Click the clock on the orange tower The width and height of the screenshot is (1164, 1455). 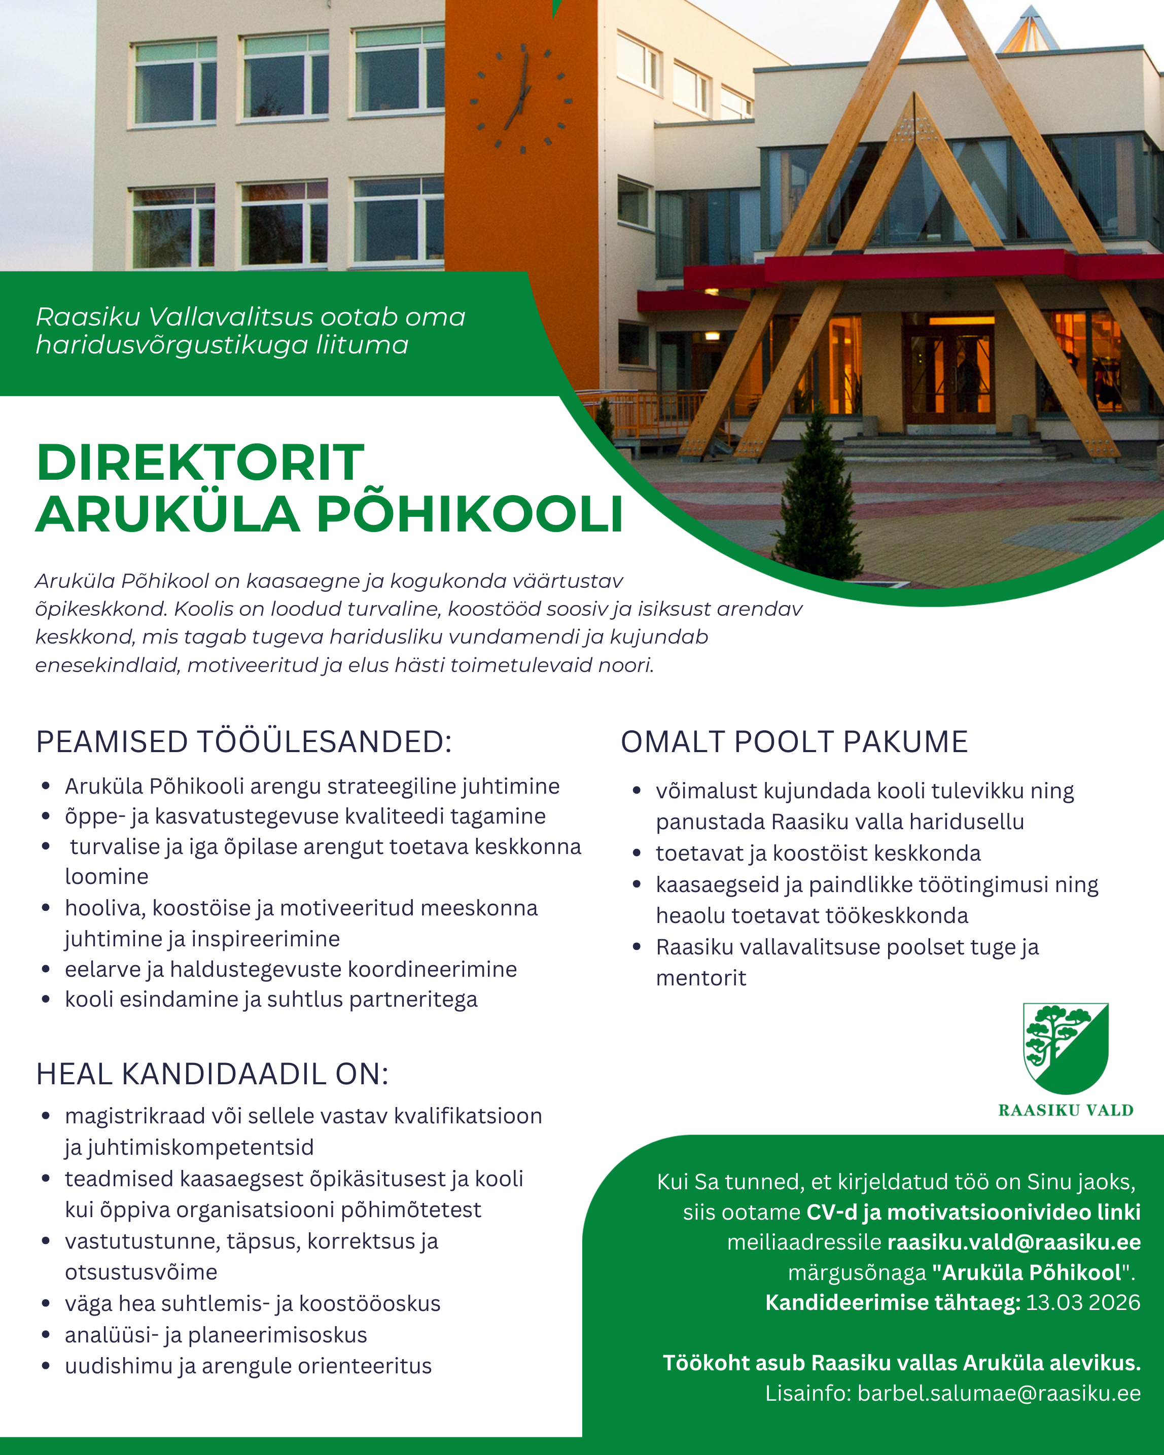[521, 99]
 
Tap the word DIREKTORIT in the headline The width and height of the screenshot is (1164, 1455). [200, 463]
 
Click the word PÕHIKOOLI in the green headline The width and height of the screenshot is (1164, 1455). [470, 514]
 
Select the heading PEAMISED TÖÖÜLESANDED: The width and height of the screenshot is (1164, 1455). [243, 741]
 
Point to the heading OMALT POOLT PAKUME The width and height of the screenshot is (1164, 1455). [794, 741]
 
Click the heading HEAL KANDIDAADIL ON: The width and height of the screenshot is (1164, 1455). [213, 1074]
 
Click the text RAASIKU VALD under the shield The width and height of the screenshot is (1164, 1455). [1066, 1110]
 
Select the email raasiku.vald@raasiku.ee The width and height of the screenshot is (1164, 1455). [1013, 1241]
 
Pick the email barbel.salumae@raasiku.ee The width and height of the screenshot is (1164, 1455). [999, 1393]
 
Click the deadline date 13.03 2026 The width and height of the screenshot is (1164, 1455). [1082, 1302]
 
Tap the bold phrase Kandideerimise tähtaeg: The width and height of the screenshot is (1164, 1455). [892, 1302]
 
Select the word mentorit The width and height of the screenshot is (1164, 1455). [701, 978]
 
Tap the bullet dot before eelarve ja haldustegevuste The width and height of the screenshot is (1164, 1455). [46, 970]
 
